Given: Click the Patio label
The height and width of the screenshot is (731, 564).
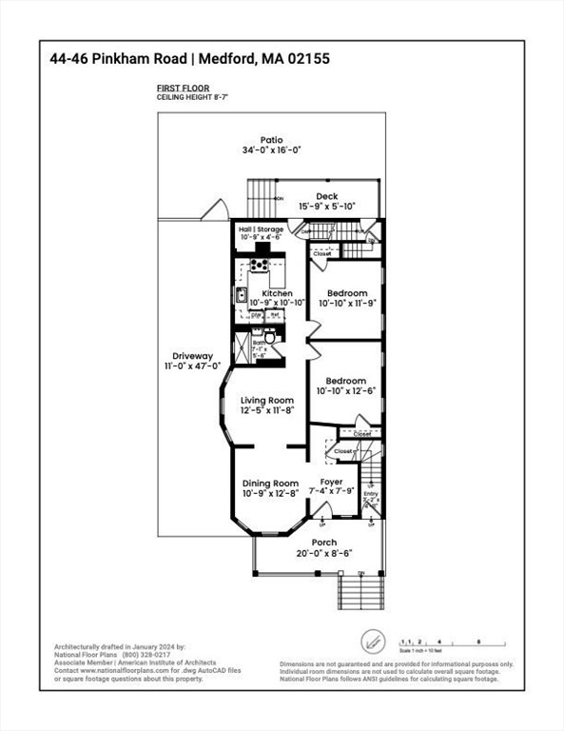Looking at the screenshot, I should pyautogui.click(x=271, y=140).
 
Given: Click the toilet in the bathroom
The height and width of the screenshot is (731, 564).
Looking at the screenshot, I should pyautogui.click(x=269, y=336).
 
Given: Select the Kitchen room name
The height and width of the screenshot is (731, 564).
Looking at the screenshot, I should pyautogui.click(x=277, y=293).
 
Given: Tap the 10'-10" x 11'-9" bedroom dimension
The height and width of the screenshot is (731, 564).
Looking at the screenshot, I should pyautogui.click(x=347, y=303).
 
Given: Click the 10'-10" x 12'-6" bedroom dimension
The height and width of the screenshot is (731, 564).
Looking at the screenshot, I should pyautogui.click(x=347, y=390).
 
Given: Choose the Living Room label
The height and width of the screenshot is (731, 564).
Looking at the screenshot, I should pyautogui.click(x=266, y=400).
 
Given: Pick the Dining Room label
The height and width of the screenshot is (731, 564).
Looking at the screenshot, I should pyautogui.click(x=270, y=483).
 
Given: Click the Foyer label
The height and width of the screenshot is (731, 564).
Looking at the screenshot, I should pyautogui.click(x=331, y=482).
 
